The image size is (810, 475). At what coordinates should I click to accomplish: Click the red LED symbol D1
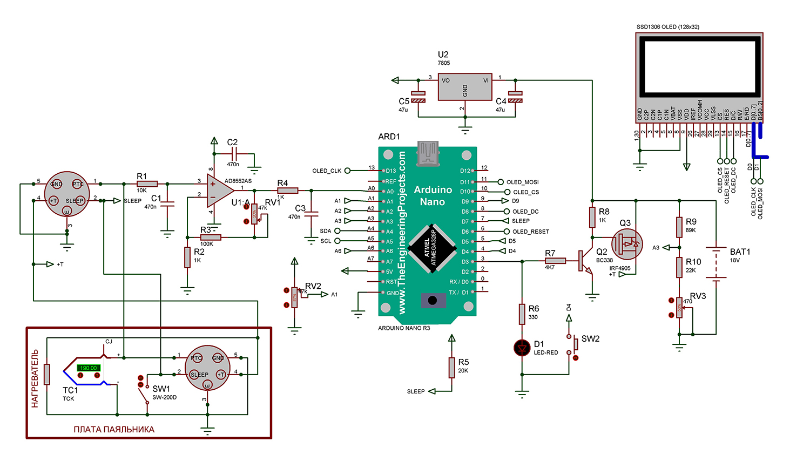point(522,348)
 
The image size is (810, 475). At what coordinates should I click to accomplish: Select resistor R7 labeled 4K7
point(555,261)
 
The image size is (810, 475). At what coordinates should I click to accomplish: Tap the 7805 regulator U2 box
point(464,87)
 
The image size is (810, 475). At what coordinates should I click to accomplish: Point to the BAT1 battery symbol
point(716,264)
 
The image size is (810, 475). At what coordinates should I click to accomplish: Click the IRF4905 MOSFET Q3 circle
point(627,244)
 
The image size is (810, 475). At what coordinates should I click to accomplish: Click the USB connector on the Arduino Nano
point(428,153)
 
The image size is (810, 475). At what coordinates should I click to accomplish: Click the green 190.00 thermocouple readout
point(89,368)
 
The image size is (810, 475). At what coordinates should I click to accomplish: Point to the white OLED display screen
point(699,66)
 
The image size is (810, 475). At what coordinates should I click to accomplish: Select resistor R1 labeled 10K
point(147,184)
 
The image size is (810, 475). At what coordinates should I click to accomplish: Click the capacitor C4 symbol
point(516,97)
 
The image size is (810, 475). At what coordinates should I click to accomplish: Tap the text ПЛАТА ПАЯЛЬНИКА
point(114,430)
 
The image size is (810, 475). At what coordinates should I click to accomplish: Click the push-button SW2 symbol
point(572,346)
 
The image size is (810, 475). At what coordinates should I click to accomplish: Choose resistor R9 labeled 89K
point(679,227)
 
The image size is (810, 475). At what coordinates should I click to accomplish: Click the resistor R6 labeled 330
point(522,314)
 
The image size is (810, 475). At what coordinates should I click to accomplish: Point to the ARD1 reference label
point(389,137)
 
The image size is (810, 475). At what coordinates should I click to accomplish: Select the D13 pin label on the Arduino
point(390,171)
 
